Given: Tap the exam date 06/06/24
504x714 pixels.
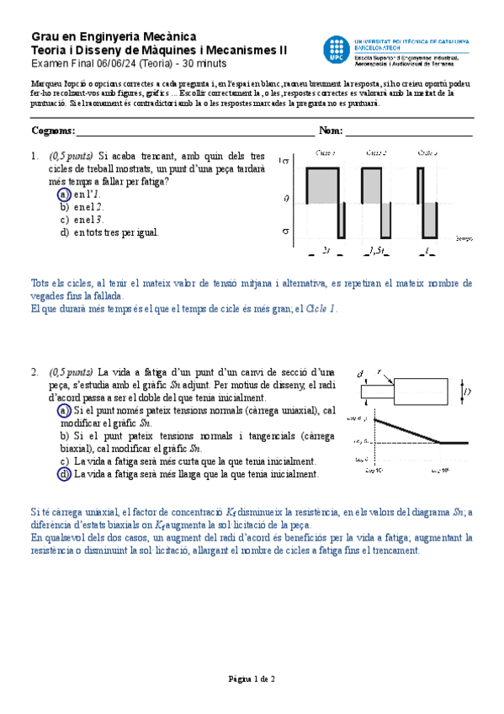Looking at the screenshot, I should click(105, 64).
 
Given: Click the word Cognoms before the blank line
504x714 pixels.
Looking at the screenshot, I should click(52, 131).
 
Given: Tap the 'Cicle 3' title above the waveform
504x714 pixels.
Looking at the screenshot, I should click(427, 152).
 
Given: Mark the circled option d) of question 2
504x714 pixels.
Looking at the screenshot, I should click(65, 474).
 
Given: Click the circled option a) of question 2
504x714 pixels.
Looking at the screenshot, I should click(65, 410).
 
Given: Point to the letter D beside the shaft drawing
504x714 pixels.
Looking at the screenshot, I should click(467, 392).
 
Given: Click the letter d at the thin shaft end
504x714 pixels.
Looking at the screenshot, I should click(360, 374).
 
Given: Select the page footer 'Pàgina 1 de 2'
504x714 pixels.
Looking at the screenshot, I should click(252, 678).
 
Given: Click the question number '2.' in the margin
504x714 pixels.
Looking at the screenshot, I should click(34, 371).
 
